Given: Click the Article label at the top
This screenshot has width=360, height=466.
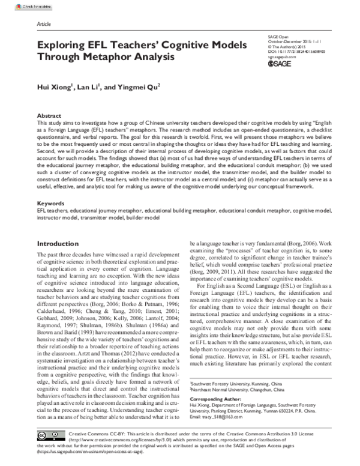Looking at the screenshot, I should [x=44, y=25].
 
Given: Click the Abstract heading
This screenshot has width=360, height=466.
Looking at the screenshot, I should [x=49, y=115].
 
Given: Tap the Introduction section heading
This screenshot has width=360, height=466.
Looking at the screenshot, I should [x=64, y=244].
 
